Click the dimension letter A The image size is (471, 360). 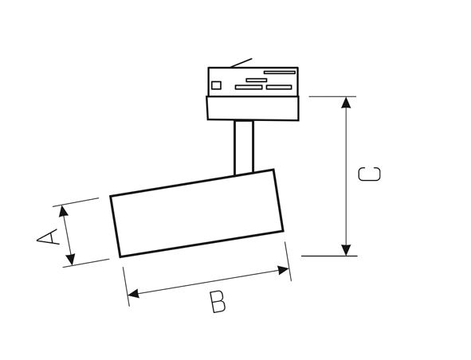click(48, 237)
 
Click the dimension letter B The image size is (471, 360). click(218, 302)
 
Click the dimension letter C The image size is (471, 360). click(369, 174)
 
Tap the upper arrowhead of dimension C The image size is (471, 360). click(347, 103)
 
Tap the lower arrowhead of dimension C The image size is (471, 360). click(347, 250)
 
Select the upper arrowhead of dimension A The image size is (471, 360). click(64, 211)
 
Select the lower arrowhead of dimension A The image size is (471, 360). click(71, 260)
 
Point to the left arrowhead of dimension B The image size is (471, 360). click(133, 294)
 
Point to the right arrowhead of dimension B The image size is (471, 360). click(283, 270)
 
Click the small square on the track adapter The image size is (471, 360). click(216, 85)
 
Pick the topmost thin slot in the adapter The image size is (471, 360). click(280, 72)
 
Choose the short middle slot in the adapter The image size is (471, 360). click(257, 80)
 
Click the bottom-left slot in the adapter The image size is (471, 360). click(249, 88)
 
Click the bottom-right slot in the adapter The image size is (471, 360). click(279, 88)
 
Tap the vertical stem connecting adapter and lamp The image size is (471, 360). click(244, 147)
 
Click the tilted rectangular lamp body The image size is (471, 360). click(197, 213)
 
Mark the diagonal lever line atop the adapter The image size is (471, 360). click(241, 63)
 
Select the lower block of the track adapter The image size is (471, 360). click(253, 108)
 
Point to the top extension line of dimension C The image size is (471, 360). click(332, 96)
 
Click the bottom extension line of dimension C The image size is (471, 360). click(329, 256)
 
